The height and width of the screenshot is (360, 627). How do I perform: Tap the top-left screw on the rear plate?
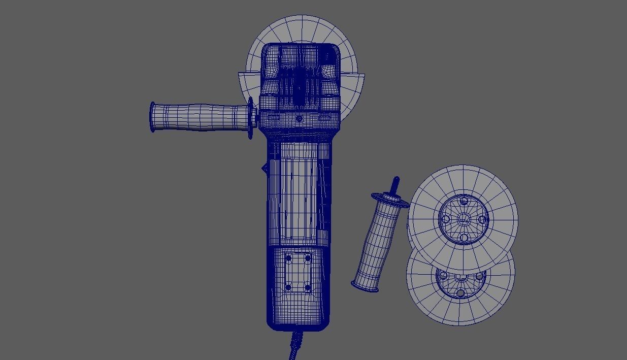pyautogui.click(x=289, y=258)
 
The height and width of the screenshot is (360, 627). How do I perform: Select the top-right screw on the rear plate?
pyautogui.click(x=308, y=258)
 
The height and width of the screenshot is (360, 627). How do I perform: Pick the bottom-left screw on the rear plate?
pyautogui.click(x=289, y=287)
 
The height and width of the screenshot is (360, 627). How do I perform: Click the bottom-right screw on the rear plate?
pyautogui.click(x=308, y=287)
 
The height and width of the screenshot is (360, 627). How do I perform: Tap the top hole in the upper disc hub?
pyautogui.click(x=463, y=202)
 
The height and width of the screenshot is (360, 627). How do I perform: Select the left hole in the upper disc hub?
pyautogui.click(x=446, y=219)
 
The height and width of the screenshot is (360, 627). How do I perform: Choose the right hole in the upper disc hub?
pyautogui.click(x=480, y=219)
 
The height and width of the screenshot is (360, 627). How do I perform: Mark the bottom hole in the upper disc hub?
pyautogui.click(x=463, y=237)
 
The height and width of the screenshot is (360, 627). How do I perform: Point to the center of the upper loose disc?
pyautogui.click(x=463, y=219)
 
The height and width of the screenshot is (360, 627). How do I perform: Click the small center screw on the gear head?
pyautogui.click(x=299, y=119)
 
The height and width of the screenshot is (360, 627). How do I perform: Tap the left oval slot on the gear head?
pyautogui.click(x=273, y=118)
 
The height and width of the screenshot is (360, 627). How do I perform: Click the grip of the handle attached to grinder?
pyautogui.click(x=203, y=117)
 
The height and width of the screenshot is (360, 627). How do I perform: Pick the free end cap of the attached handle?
pyautogui.click(x=153, y=117)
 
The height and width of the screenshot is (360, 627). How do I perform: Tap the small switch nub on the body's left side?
pyautogui.click(x=265, y=168)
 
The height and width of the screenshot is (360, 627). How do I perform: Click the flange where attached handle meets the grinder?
pyautogui.click(x=251, y=118)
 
